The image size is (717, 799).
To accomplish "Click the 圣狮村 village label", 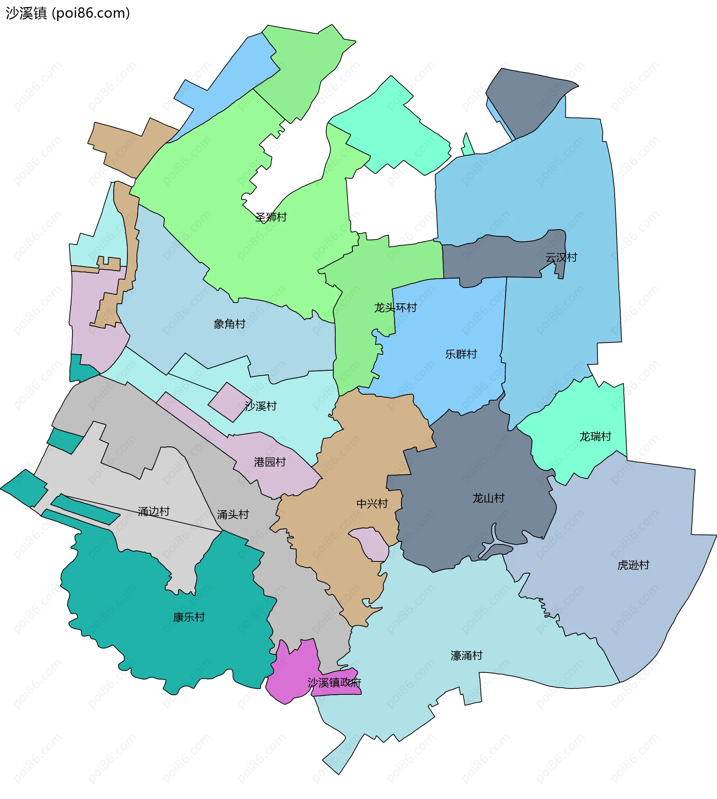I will (x=271, y=217).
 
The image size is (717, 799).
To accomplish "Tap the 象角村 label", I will (x=229, y=324).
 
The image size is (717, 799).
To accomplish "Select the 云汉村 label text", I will (x=561, y=257).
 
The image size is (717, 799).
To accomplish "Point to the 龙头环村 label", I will (x=395, y=307).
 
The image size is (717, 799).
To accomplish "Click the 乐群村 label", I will (x=461, y=354).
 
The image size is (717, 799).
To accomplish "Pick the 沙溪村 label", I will (x=261, y=406).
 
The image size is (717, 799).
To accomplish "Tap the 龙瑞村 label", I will (x=595, y=437).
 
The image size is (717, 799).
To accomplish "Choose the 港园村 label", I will (x=270, y=462).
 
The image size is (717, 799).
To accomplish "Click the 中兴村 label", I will (x=372, y=504).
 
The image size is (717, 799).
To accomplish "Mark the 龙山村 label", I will (x=488, y=498).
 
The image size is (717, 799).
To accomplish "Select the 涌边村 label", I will (x=153, y=511).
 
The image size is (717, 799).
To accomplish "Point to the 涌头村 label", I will (x=233, y=514).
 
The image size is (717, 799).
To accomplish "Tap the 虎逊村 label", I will (x=633, y=565).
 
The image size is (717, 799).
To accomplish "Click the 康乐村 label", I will (x=189, y=617).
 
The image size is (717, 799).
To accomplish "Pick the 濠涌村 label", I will (x=466, y=656).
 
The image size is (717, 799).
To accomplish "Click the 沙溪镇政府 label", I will (x=334, y=682).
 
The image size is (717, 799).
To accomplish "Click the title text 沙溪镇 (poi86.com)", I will (x=68, y=13).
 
